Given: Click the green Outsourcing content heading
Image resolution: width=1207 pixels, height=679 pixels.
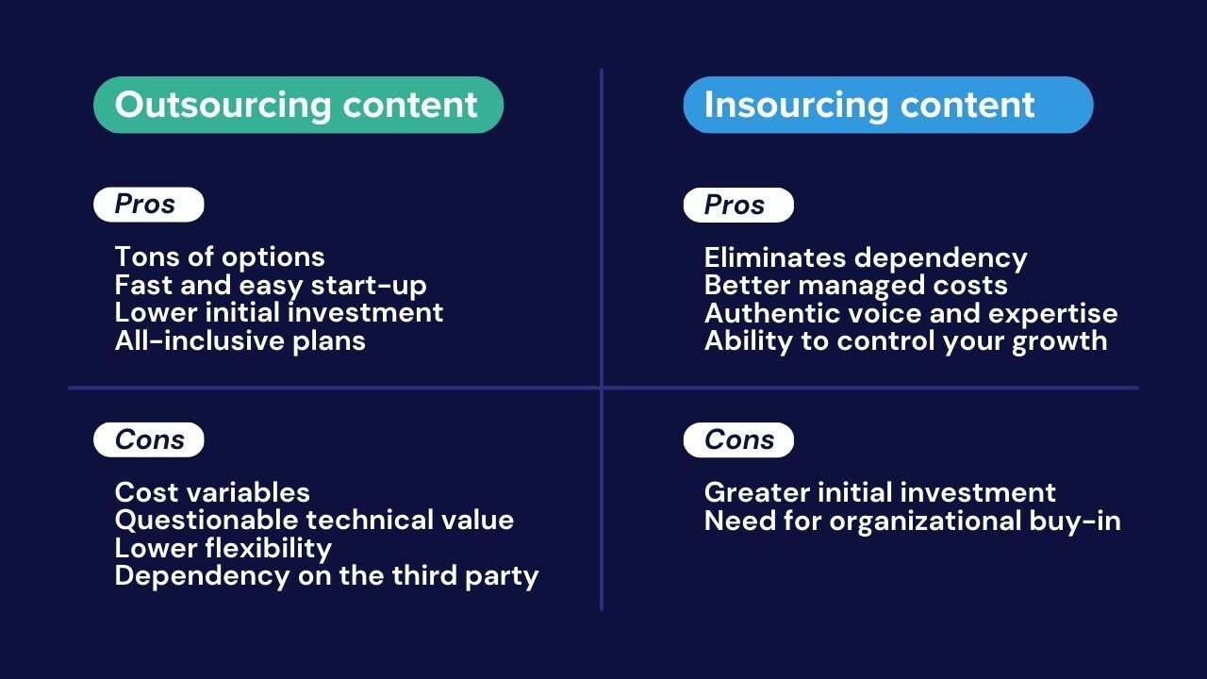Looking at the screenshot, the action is click(x=299, y=105).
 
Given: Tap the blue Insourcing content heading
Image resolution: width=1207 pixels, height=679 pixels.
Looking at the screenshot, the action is click(x=888, y=105).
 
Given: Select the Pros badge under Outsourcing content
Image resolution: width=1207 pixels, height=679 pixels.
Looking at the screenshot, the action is click(x=149, y=205).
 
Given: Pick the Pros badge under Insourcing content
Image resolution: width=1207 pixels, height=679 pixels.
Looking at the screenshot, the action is click(x=738, y=205).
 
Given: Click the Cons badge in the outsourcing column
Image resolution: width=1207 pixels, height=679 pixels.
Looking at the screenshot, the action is click(x=149, y=439).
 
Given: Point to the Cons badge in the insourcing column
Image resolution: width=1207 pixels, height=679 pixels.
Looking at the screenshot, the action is click(x=738, y=439).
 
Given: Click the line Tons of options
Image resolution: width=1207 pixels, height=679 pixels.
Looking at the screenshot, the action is click(x=220, y=257).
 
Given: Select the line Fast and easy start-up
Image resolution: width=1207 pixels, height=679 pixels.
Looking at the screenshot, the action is click(x=271, y=286).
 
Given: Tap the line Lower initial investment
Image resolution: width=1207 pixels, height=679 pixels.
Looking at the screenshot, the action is click(x=278, y=313).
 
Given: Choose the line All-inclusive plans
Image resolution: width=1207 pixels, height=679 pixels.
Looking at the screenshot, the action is click(x=240, y=341).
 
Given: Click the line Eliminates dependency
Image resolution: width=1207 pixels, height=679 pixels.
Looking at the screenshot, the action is click(x=866, y=258).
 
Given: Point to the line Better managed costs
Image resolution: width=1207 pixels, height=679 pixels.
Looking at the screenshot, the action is click(x=855, y=286).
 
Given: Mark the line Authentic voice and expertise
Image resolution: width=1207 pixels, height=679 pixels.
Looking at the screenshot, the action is click(x=911, y=314).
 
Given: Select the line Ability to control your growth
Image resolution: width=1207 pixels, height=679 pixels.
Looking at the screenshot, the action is click(x=906, y=341).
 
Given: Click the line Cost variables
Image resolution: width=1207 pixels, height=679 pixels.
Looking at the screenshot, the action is click(x=212, y=492).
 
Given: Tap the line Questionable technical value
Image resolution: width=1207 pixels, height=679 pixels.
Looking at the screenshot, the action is click(x=314, y=521).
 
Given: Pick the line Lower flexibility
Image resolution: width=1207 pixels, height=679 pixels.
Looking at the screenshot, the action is click(x=223, y=549).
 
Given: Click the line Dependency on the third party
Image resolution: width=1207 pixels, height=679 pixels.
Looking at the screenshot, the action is click(x=326, y=576).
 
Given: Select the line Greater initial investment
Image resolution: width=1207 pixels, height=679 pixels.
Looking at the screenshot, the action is click(x=880, y=493).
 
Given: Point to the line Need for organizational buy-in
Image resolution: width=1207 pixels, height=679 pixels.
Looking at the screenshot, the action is click(x=912, y=522).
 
